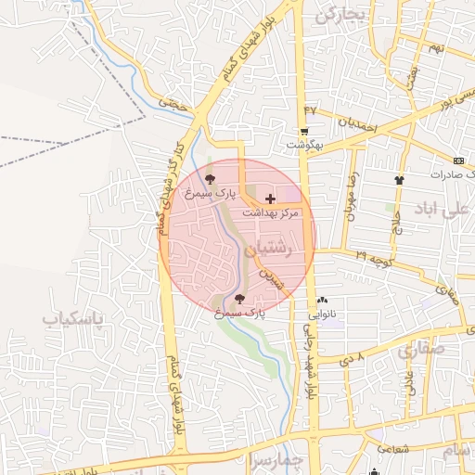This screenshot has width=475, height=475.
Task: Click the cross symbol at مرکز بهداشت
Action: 270,199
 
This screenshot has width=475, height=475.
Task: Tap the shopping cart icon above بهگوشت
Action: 304,132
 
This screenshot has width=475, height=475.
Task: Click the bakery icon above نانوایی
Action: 322,301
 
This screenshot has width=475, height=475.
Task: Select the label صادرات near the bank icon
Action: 453,173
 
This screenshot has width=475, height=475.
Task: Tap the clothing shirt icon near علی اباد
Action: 399,179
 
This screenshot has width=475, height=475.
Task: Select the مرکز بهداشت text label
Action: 270,213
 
